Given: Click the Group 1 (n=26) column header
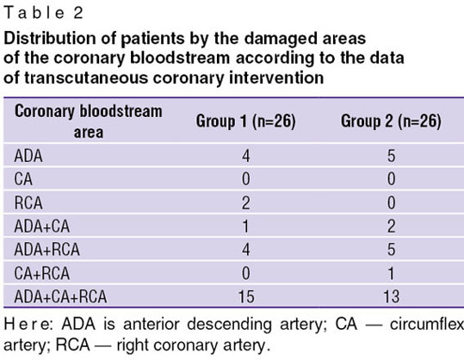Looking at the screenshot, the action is (245, 121).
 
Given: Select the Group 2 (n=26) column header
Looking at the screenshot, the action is (391, 121).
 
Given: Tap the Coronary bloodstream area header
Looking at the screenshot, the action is (89, 121).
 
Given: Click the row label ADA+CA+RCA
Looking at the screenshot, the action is (60, 296).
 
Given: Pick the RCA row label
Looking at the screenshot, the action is (28, 203).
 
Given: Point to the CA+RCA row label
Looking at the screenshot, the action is (42, 273).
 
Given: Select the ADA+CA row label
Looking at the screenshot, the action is (42, 227).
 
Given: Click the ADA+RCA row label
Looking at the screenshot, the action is (47, 250).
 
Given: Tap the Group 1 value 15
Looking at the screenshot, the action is (246, 296).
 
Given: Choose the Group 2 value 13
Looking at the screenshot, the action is (392, 296).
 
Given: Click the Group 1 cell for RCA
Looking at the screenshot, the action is (245, 203).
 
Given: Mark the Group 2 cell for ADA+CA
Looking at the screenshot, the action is (391, 227).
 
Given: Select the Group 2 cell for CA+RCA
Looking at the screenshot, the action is (391, 273).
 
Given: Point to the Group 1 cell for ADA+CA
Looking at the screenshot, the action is (245, 227).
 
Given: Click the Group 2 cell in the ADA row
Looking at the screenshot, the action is (391, 156).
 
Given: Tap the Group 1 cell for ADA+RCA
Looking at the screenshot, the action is (246, 250).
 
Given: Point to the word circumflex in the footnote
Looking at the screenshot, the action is (427, 325).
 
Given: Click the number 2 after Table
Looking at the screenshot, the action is (78, 13).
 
